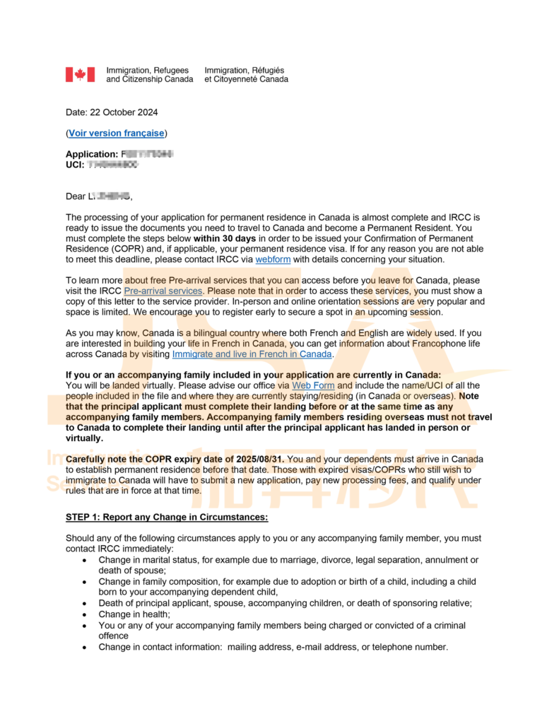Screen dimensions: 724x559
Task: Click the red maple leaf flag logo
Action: (x=80, y=74)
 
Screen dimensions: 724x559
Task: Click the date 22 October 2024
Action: (x=122, y=112)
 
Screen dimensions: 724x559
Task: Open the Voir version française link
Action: (x=117, y=133)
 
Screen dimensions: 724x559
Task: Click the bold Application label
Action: (x=91, y=154)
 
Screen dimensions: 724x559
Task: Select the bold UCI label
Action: (x=74, y=165)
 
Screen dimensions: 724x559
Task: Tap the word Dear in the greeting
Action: (x=76, y=196)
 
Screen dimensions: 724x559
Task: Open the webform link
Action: (x=272, y=259)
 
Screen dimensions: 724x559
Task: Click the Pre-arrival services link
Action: (x=163, y=291)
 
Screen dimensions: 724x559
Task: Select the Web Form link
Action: (x=313, y=385)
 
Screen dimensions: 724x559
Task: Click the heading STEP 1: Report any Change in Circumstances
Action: (x=167, y=518)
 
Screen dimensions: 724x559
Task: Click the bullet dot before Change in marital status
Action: (x=85, y=560)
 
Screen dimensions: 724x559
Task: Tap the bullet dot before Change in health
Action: (x=85, y=614)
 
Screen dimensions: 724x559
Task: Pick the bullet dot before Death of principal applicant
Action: (x=85, y=603)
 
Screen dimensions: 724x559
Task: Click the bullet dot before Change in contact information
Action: (x=85, y=647)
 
